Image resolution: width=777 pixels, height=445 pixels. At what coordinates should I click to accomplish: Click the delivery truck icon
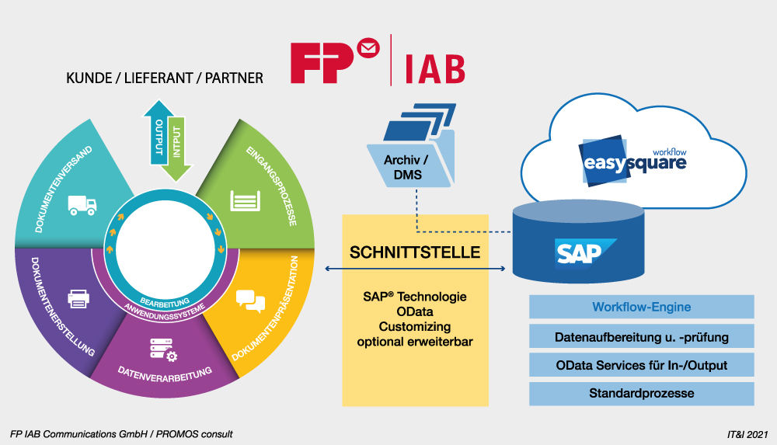tap(82, 204)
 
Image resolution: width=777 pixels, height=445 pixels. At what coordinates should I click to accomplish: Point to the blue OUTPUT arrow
tap(159, 136)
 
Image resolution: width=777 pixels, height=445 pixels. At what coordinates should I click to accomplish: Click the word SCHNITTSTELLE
tap(415, 252)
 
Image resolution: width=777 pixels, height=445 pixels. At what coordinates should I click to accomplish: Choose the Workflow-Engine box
tap(641, 307)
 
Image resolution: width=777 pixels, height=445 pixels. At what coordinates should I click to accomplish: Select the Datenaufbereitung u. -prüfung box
tap(641, 336)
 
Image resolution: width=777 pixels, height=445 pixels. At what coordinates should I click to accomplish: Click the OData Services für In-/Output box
tap(641, 364)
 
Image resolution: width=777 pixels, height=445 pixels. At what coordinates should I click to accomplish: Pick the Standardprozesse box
tap(641, 393)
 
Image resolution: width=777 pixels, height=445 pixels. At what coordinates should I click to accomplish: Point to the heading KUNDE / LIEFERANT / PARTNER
tap(165, 78)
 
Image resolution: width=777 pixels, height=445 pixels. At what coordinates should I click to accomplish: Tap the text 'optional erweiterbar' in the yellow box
tap(415, 342)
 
